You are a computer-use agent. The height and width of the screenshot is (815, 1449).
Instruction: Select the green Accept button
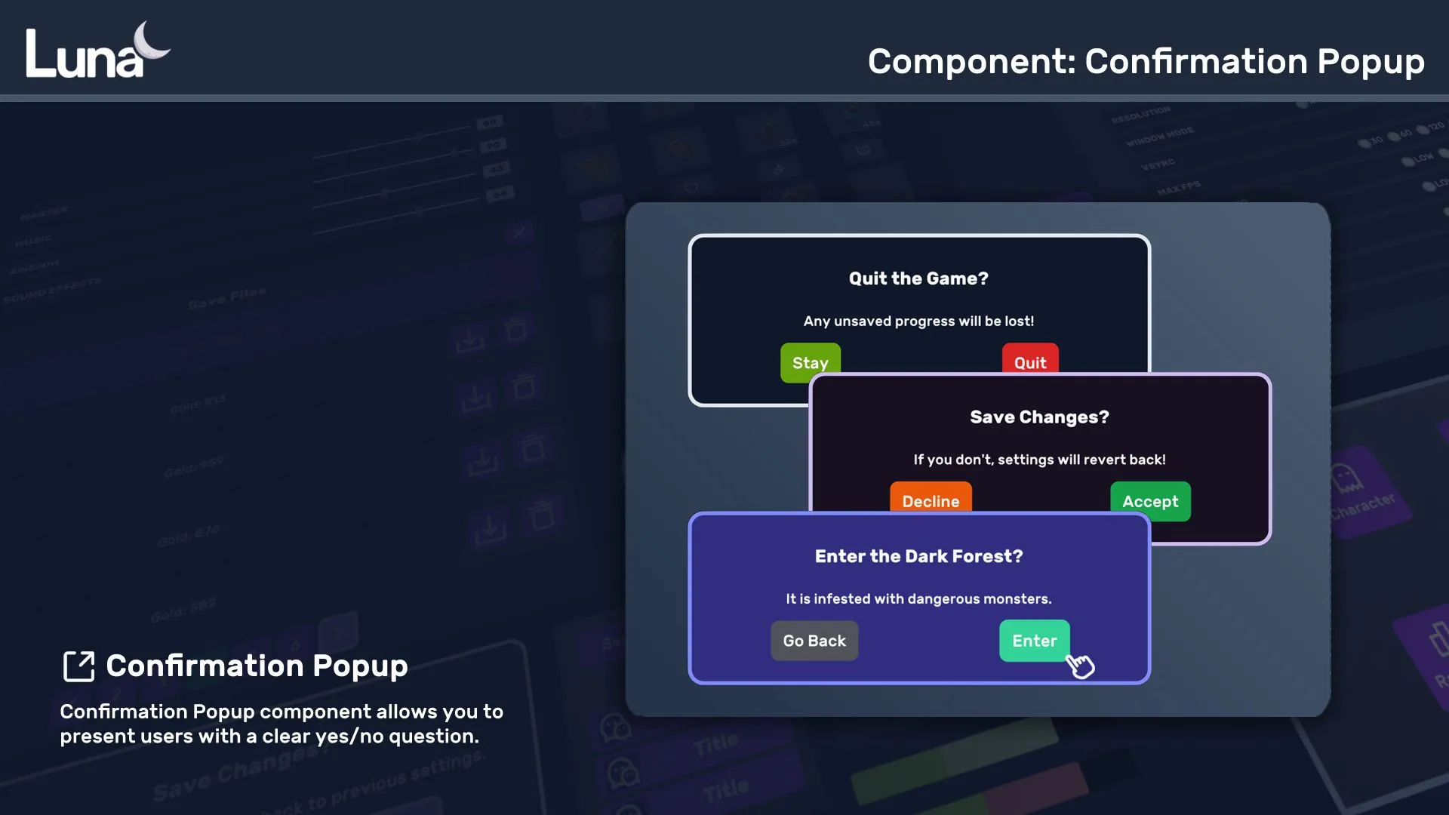click(1150, 501)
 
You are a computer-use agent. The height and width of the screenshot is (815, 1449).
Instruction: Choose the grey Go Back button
click(814, 641)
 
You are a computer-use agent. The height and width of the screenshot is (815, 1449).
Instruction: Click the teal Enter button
click(1034, 641)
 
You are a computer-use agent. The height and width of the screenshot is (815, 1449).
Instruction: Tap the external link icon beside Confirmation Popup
click(78, 666)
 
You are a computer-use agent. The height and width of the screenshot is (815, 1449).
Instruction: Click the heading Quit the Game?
click(918, 278)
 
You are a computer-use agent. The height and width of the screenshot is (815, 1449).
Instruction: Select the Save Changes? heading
click(1039, 417)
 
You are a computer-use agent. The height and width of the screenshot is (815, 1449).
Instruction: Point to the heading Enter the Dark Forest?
click(918, 556)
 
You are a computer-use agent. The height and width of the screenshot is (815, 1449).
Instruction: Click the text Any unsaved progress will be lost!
click(918, 321)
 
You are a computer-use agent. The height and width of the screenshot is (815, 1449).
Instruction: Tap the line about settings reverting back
click(1039, 460)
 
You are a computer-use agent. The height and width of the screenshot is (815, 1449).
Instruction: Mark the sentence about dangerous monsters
click(918, 598)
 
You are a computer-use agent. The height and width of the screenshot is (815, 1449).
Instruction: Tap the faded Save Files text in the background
click(226, 299)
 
